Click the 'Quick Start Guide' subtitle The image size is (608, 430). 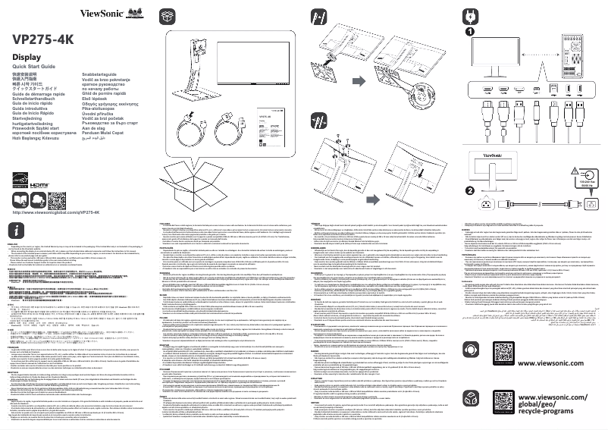pos(34,68)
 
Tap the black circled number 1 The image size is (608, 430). pos(470,33)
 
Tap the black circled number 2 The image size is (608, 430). pos(470,192)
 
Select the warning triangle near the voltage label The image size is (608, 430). pos(580,171)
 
